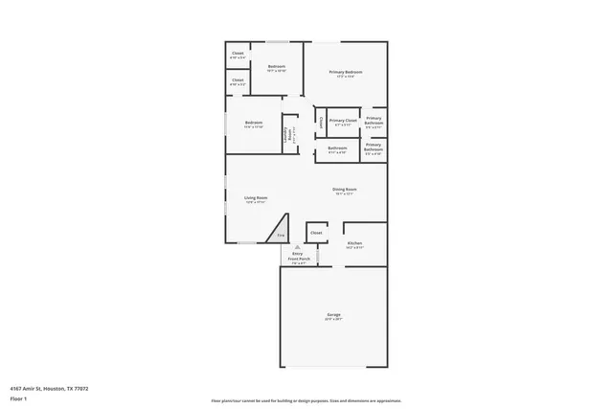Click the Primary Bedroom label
tap(345, 73)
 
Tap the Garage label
tap(332, 315)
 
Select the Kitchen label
tap(353, 244)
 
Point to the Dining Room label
tap(345, 190)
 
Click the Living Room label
tap(255, 198)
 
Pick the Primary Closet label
tap(343, 121)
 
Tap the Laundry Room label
tap(286, 135)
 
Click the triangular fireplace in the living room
tap(280, 234)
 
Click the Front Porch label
tap(298, 259)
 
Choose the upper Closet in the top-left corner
tap(238, 55)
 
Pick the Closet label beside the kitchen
tap(316, 232)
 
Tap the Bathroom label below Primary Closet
tap(337, 148)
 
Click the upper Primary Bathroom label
tap(375, 121)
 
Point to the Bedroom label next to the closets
tap(276, 67)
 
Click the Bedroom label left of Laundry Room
tap(253, 123)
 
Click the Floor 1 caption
tap(17, 398)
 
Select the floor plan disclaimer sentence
tap(306, 399)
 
